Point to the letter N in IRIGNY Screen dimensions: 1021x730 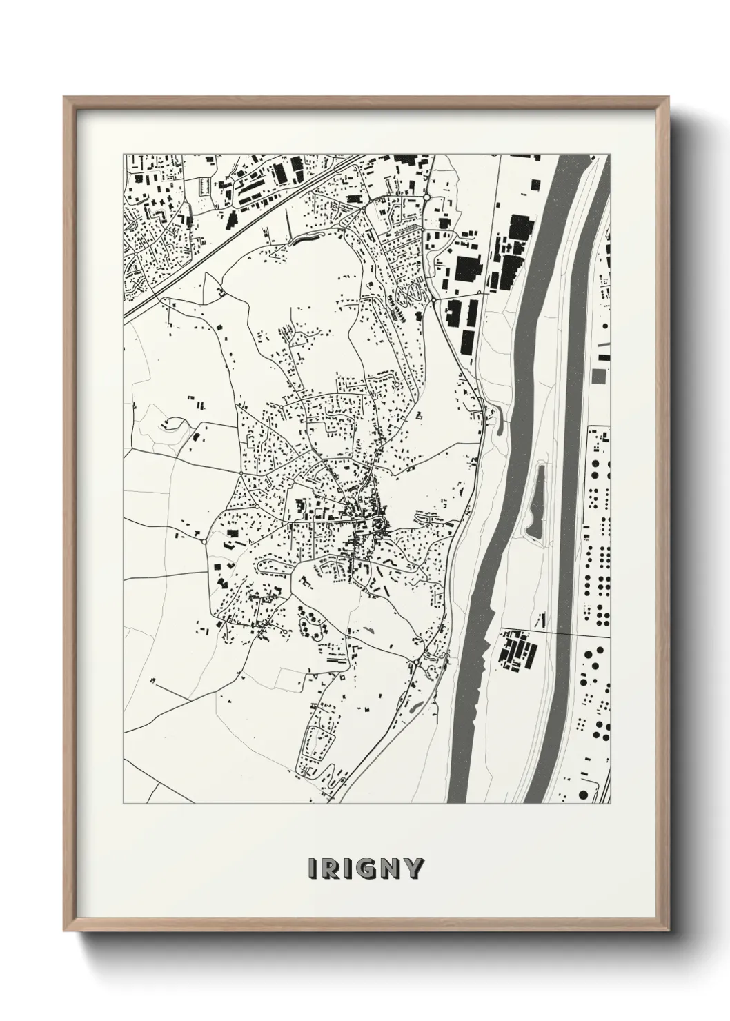[391, 869]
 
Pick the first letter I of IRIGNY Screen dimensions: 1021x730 [314, 869]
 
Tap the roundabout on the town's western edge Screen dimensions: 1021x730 [204, 542]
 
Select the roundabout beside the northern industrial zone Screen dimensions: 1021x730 [426, 197]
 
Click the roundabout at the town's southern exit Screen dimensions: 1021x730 [417, 663]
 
